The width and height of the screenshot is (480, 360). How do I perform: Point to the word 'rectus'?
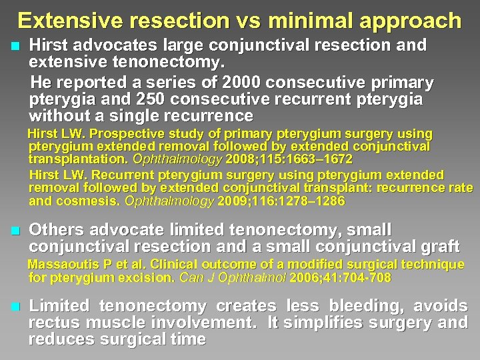point(51,323)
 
